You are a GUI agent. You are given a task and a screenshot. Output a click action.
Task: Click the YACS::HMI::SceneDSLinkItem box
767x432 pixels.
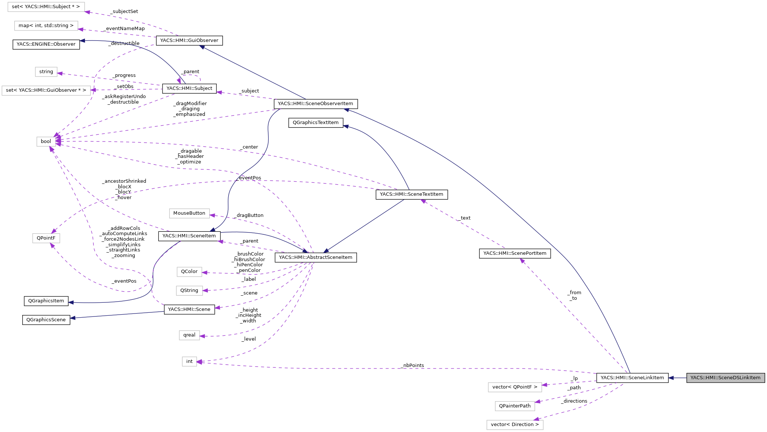(x=725, y=378)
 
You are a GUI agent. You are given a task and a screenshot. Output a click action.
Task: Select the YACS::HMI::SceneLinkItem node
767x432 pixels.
(x=632, y=378)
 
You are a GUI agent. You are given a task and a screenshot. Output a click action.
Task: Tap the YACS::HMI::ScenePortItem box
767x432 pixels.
(x=515, y=253)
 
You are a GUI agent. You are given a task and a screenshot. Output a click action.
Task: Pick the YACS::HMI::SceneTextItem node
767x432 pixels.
(x=412, y=194)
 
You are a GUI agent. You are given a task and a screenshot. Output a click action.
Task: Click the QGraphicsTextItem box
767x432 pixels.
(x=315, y=123)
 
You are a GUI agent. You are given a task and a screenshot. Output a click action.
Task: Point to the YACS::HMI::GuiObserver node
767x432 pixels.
(x=189, y=40)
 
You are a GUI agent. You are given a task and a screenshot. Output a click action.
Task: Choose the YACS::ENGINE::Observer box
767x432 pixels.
(x=46, y=44)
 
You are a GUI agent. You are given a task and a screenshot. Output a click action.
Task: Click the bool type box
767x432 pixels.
(x=46, y=142)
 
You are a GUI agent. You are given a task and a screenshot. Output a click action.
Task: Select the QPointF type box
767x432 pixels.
(x=46, y=238)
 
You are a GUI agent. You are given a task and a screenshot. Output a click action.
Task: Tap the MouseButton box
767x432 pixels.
(x=189, y=213)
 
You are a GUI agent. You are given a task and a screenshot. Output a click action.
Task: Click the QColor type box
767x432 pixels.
(x=189, y=272)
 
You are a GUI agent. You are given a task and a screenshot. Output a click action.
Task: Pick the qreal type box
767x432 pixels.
(x=189, y=335)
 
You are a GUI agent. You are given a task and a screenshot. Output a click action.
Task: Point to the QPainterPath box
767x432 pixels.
(x=515, y=406)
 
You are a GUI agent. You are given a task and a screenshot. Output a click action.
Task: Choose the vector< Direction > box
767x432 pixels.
(x=515, y=425)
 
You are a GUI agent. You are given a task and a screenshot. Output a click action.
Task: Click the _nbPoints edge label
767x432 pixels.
(x=413, y=366)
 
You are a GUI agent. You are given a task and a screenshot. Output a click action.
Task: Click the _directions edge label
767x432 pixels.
(x=574, y=401)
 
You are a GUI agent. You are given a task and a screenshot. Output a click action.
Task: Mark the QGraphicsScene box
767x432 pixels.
(x=46, y=320)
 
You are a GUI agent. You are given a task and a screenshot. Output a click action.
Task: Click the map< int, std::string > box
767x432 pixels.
(x=46, y=26)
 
